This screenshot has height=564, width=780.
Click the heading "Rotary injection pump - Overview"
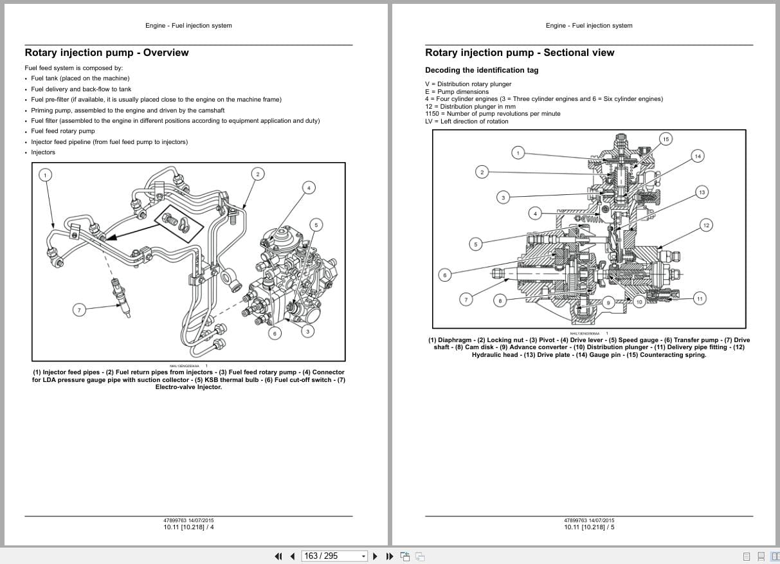click(x=107, y=53)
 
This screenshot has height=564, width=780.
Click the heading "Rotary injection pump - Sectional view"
click(x=520, y=53)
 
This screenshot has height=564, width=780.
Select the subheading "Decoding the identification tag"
click(x=482, y=70)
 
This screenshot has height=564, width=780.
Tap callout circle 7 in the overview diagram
click(x=80, y=310)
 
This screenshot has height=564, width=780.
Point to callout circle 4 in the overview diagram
click(x=309, y=188)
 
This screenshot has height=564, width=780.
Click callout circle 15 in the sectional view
click(x=666, y=139)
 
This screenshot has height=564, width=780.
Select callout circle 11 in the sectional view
click(x=700, y=298)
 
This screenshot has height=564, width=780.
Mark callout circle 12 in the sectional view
click(x=706, y=224)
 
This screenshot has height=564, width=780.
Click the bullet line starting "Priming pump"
click(x=127, y=110)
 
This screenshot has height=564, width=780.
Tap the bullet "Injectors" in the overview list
click(x=43, y=152)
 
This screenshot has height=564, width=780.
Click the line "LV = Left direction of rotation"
click(x=466, y=121)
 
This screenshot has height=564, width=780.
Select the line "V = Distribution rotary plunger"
click(x=468, y=84)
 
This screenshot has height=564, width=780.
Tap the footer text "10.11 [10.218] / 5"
click(x=589, y=527)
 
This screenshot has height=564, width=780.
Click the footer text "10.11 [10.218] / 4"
click(x=188, y=527)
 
